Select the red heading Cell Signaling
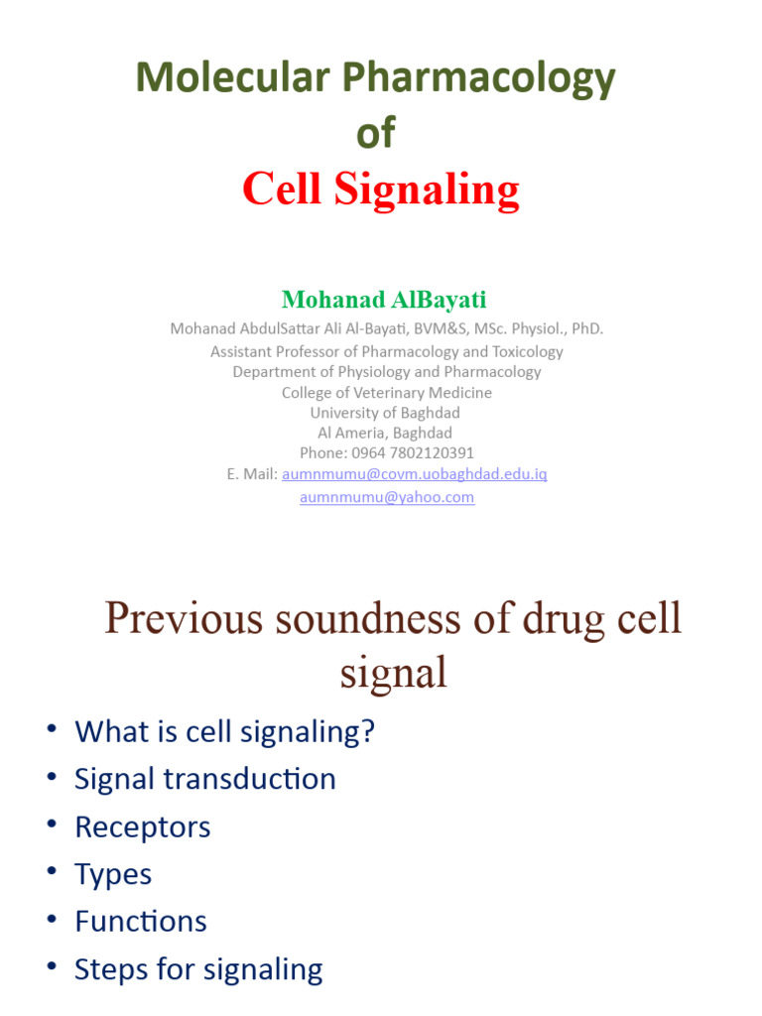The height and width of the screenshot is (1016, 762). point(381,189)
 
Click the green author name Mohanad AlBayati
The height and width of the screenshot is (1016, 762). point(384,299)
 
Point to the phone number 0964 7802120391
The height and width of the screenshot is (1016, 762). point(412,452)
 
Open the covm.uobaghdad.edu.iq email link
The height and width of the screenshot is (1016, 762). point(415,474)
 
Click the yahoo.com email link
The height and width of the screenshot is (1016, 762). point(387,496)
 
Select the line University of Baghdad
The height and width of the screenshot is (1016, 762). point(385,412)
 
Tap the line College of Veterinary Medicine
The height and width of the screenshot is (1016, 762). point(386,392)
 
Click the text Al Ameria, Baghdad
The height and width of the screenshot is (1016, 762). point(385,433)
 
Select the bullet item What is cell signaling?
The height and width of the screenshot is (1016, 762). point(224,731)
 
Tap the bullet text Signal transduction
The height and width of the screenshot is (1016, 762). point(205,779)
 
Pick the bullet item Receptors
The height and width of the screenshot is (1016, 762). point(143,826)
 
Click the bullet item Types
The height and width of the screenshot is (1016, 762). point(113,874)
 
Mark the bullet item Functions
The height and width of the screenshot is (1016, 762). point(141,921)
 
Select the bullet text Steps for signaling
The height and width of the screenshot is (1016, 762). point(198,968)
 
